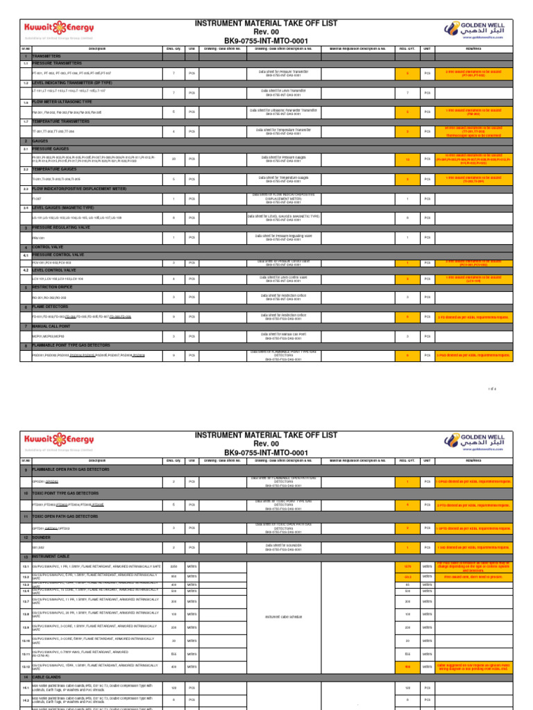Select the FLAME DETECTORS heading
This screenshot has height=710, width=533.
pos(53,306)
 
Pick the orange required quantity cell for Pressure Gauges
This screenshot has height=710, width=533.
pos(407,159)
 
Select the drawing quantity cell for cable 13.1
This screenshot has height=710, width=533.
pos(174,566)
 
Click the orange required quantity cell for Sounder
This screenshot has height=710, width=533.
pos(407,547)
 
